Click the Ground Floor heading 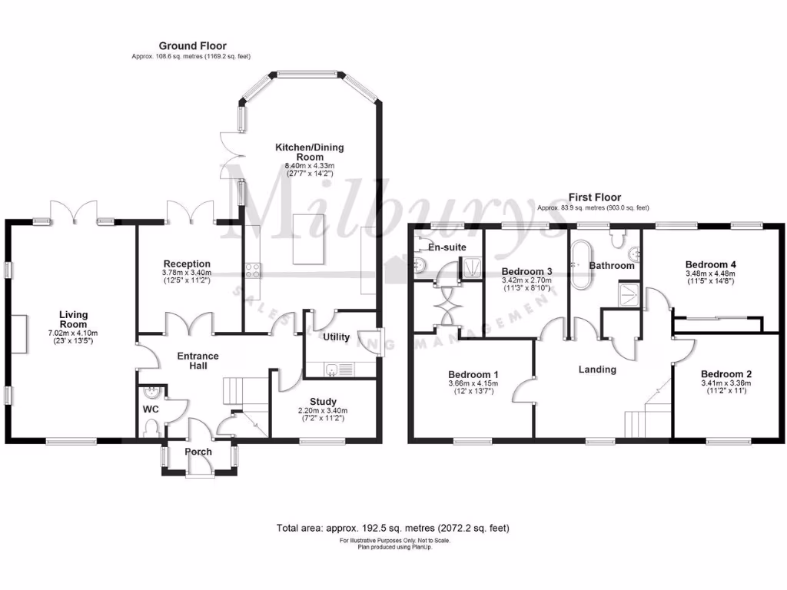[192, 46]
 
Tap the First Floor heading [594, 197]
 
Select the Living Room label [75, 320]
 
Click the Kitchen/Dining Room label [310, 152]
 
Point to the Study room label [323, 402]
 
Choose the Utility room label [336, 337]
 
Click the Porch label [198, 452]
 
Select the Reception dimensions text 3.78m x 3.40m [186, 273]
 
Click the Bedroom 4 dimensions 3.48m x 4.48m [711, 274]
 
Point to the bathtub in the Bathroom [577, 265]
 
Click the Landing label [597, 370]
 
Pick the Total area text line [393, 529]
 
